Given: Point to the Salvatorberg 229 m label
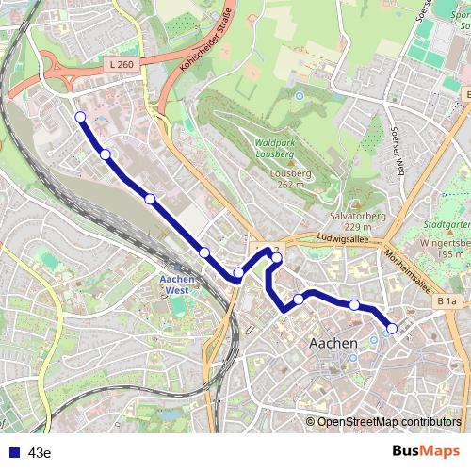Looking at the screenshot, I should pos(339,221).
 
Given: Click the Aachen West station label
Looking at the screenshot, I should pos(178,284).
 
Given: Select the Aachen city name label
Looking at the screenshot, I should pos(333,343).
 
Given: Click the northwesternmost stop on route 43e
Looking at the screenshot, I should pos(80,117).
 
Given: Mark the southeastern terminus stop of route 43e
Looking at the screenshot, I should pos(392,328).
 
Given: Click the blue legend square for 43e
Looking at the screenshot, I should pos(12,452).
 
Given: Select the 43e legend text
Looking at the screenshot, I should pos(40,452).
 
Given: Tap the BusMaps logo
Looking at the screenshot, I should pos(427,451).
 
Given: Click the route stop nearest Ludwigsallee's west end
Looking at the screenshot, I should pos(277,256).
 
